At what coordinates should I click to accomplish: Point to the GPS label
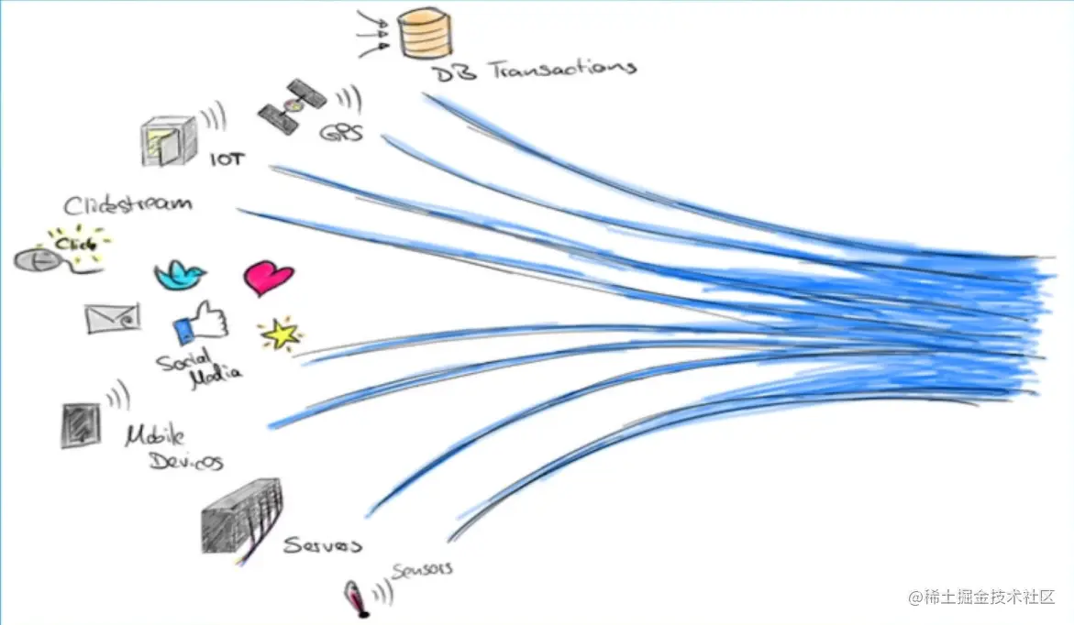341,134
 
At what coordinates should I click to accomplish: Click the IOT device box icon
170,141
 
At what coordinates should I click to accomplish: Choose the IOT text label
228,159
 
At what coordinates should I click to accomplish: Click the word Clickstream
127,203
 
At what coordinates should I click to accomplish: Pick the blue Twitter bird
180,273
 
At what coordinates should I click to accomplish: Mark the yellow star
280,334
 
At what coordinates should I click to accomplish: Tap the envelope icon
113,317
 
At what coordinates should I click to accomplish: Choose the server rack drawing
241,517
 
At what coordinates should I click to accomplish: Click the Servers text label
322,545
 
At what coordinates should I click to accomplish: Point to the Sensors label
422,570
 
